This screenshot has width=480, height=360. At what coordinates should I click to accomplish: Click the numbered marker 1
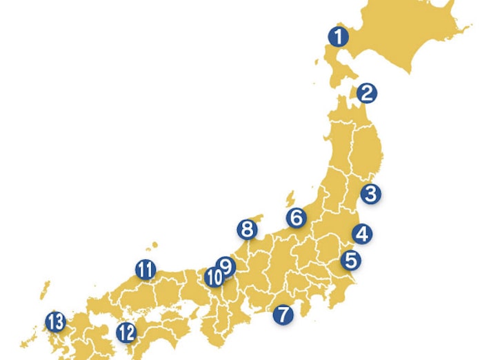pyautogui.click(x=338, y=37)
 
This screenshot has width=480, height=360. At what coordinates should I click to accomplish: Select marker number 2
pyautogui.click(x=366, y=92)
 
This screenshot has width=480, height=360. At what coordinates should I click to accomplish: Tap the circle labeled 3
pyautogui.click(x=371, y=194)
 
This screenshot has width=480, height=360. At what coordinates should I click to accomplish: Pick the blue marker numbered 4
pyautogui.click(x=362, y=234)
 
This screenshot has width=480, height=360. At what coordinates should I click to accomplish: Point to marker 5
pyautogui.click(x=351, y=261)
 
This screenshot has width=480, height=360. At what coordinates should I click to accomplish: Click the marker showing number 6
pyautogui.click(x=297, y=218)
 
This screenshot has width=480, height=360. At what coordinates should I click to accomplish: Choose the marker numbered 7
pyautogui.click(x=282, y=314)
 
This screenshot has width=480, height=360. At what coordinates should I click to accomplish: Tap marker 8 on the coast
pyautogui.click(x=246, y=228)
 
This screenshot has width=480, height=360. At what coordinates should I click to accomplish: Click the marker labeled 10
pyautogui.click(x=214, y=278)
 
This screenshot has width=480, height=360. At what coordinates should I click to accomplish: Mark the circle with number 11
pyautogui.click(x=145, y=269)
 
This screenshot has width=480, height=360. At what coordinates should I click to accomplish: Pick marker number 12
pyautogui.click(x=126, y=332)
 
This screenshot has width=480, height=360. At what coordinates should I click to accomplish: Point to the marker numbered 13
pyautogui.click(x=55, y=321)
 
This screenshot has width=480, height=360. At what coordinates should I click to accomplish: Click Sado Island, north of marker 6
pyautogui.click(x=291, y=199)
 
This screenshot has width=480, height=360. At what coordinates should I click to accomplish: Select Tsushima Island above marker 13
pyautogui.click(x=46, y=286)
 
